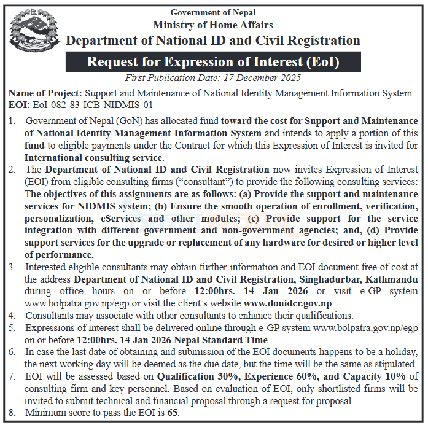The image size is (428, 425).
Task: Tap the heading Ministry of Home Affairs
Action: pyautogui.click(x=213, y=25)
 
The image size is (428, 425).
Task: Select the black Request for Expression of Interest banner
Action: pyautogui.click(x=213, y=62)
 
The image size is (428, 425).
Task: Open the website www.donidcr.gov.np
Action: pyautogui.click(x=288, y=303)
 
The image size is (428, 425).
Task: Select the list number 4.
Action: pyautogui.click(x=13, y=315)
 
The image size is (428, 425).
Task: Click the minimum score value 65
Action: pyautogui.click(x=173, y=413)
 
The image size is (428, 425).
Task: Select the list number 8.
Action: pyautogui.click(x=13, y=413)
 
